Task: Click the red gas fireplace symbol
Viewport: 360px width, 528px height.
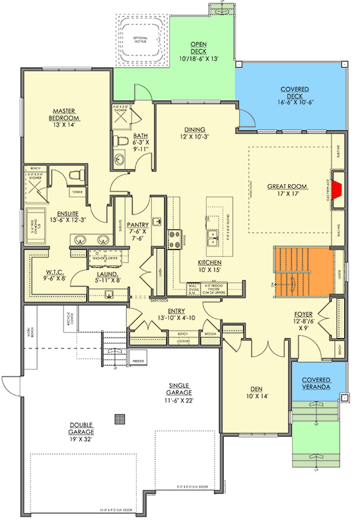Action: coord(336,190)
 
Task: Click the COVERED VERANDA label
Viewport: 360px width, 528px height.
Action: coord(316,384)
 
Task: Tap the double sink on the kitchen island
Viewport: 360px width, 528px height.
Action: coord(213,237)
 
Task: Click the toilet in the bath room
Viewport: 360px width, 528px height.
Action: coord(121,141)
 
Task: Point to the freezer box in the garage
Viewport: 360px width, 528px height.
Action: coord(137,361)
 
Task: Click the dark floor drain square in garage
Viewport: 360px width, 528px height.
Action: coord(120,418)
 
